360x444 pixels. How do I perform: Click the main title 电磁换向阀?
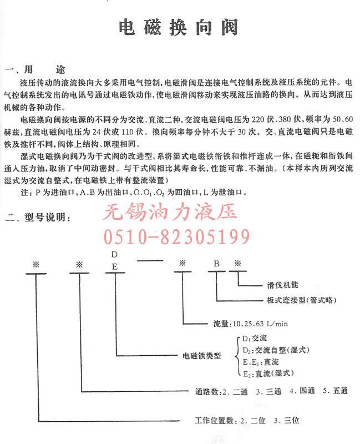pos(178,27)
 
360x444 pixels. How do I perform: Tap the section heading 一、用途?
pos(35,69)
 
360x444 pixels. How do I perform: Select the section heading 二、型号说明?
pos(38,218)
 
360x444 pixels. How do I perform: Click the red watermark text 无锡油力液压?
pos(170,212)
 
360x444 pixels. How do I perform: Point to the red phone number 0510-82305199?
pos(176,237)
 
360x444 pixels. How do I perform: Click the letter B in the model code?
pos(216,264)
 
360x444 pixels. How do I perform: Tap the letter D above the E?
pos(114,255)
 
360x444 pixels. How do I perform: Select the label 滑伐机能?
pos(282,285)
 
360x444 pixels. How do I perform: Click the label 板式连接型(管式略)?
pos(301,300)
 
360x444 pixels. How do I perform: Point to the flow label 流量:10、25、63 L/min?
pos(251,324)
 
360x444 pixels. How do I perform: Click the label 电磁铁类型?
pos(201,356)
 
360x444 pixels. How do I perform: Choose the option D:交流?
pos(255,338)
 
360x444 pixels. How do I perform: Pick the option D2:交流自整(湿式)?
pos(276,350)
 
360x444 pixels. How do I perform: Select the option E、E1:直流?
pos(261,362)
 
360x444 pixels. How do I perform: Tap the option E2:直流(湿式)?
pos(268,374)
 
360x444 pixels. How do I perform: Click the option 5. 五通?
pos(335,391)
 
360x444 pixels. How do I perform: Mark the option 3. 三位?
pos(286,420)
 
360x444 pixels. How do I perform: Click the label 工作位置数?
pos(214,420)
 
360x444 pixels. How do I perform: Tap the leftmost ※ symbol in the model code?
pos(36,265)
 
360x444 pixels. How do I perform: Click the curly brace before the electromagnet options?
pos(238,356)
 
